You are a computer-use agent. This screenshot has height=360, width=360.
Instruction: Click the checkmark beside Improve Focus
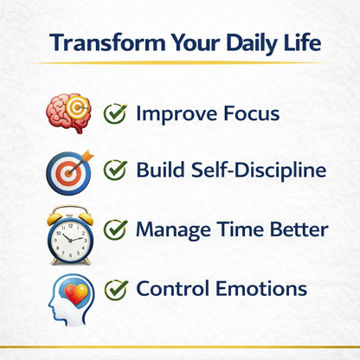point(116,112)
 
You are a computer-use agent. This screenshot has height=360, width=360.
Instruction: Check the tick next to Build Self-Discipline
point(116,170)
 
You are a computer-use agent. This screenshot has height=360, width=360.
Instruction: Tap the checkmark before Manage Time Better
point(116,230)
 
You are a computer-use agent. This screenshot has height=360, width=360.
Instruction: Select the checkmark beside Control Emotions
point(116,288)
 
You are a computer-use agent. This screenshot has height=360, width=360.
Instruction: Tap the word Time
point(241,230)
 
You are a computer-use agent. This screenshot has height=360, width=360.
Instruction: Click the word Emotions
point(263,288)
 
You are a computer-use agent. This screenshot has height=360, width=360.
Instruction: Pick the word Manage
point(176,230)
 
